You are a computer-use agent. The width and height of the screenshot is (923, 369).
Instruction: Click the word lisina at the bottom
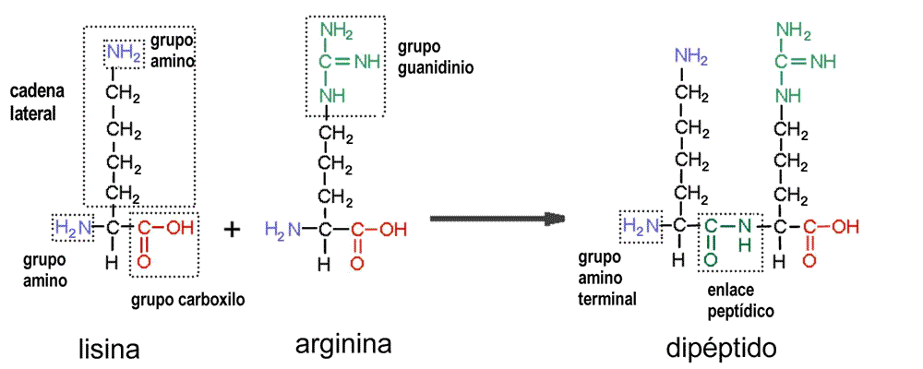(110, 350)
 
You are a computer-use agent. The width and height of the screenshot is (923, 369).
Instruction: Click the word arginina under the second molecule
(343, 344)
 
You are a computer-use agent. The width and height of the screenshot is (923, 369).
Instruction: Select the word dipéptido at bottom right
(721, 349)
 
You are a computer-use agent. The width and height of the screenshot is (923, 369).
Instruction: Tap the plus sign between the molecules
(232, 229)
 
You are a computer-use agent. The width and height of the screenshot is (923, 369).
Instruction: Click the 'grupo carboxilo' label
(187, 300)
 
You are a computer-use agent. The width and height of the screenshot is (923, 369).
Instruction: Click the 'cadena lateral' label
(33, 102)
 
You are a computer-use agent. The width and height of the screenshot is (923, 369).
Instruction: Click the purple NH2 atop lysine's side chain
(124, 52)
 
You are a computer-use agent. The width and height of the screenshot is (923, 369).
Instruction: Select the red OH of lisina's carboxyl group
(181, 227)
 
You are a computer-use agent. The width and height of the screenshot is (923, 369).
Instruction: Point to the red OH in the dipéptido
(844, 226)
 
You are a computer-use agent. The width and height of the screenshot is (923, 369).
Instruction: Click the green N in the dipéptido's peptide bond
(746, 226)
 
